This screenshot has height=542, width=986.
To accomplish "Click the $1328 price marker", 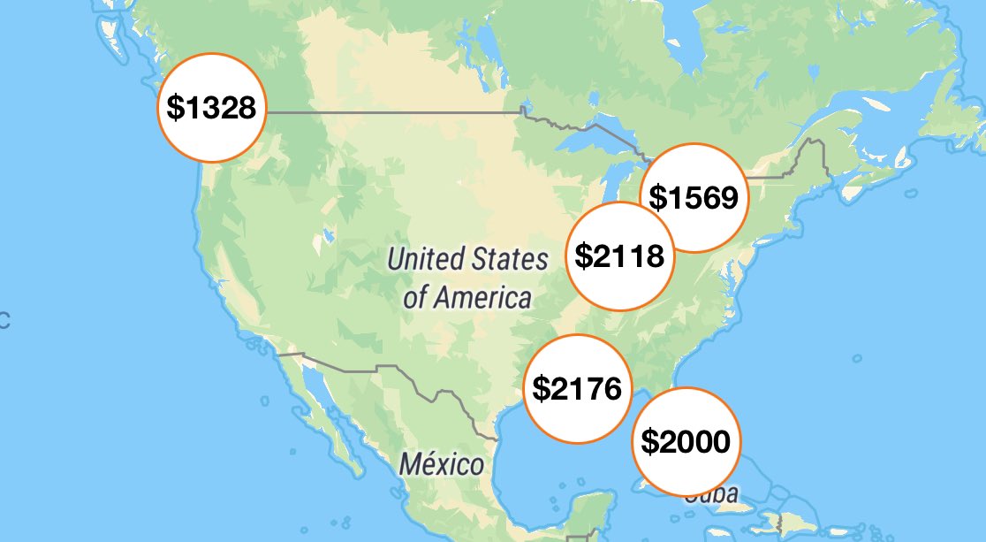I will click(212, 108).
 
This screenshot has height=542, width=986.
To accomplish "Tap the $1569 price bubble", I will click(694, 197).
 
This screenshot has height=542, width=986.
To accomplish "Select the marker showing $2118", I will click(619, 256).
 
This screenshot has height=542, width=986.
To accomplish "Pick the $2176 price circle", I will click(578, 388).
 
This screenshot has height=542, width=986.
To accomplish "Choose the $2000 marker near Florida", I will click(686, 441).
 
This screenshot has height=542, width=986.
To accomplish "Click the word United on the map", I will click(426, 259).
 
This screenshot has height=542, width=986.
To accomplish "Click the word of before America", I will click(415, 297).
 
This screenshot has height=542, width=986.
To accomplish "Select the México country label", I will click(441, 464).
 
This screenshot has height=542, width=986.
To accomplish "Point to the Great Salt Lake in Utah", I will click(329, 235).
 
